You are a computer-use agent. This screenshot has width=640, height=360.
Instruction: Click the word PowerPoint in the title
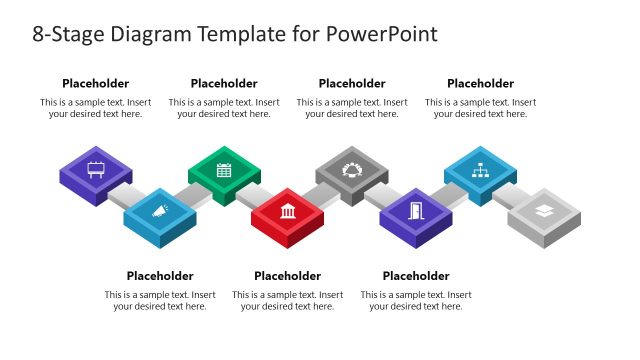tap(381, 34)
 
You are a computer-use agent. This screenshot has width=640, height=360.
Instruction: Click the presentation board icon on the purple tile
tap(96, 169)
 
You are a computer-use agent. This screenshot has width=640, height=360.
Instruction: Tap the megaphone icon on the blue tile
tap(160, 210)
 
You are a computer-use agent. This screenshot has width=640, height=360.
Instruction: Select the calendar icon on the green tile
tap(224, 170)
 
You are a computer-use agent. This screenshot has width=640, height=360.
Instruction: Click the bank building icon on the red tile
tap(288, 210)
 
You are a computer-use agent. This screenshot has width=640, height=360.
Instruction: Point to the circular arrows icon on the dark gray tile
tap(352, 170)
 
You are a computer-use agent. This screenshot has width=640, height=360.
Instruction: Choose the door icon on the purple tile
tap(416, 210)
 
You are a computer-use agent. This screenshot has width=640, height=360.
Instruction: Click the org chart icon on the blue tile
tap(480, 170)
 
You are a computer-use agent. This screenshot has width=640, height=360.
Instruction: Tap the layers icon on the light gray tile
tap(543, 210)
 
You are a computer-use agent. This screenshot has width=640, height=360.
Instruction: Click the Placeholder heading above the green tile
tap(224, 84)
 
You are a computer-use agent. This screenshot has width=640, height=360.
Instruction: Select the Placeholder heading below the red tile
tap(288, 276)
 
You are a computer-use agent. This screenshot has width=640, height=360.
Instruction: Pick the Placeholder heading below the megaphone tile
tap(160, 276)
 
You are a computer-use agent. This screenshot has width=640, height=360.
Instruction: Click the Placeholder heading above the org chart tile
tap(480, 84)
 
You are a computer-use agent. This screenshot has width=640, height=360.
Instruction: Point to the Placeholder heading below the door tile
tap(416, 276)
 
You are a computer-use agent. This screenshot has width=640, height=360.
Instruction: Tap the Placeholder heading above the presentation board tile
tap(96, 84)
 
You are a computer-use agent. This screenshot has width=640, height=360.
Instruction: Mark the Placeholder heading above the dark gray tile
tap(352, 84)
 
